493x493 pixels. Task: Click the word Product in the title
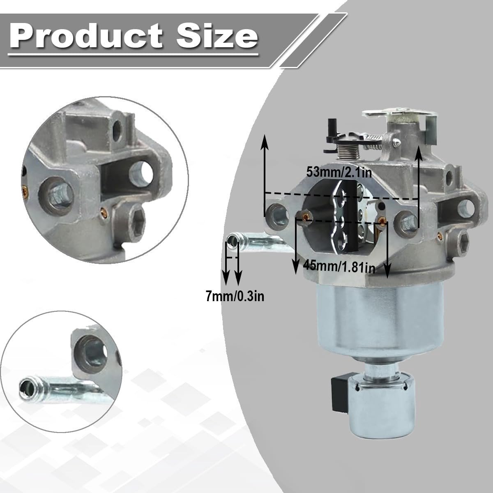[86, 35]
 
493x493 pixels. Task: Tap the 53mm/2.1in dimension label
[339, 172]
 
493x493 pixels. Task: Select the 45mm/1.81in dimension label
[339, 267]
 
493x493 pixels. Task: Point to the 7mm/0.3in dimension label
[235, 297]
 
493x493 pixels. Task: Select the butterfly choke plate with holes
[339, 217]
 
